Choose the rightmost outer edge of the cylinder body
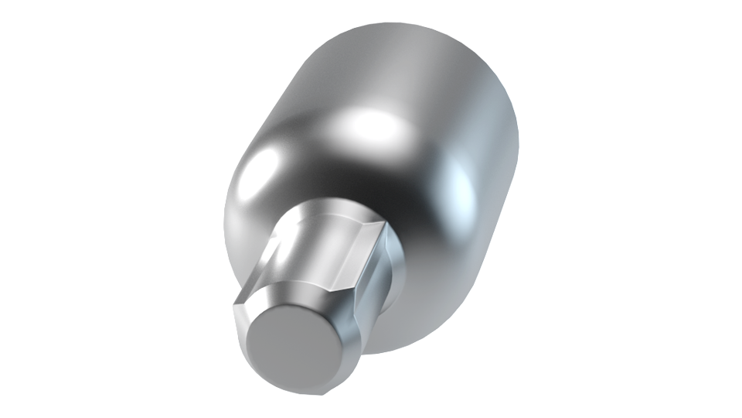[x=517, y=155]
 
